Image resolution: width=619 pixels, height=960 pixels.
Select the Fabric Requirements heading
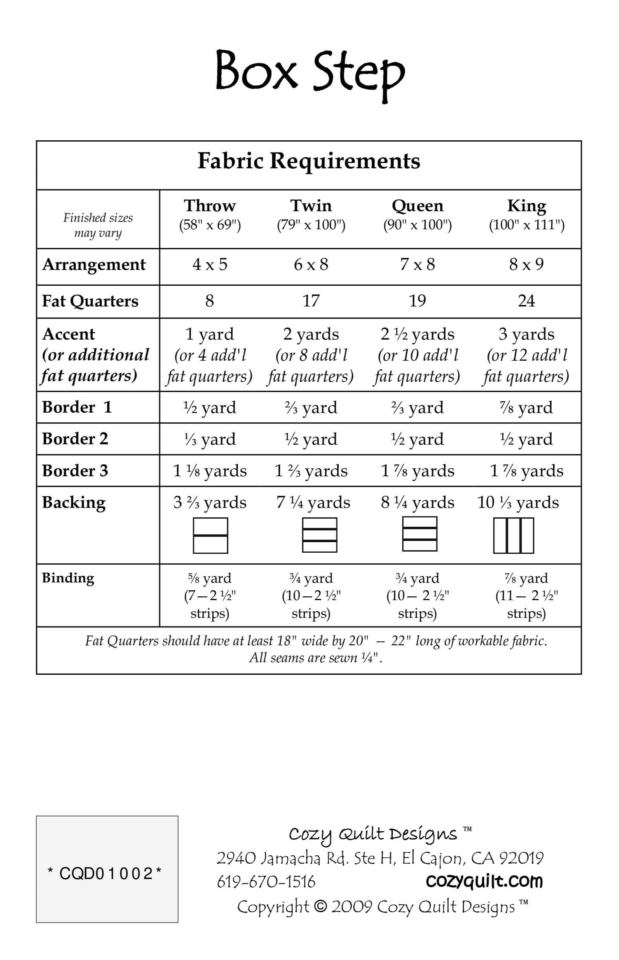[309, 161]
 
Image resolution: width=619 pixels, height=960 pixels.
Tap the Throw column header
[210, 206]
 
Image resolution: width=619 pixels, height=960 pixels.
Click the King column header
[526, 206]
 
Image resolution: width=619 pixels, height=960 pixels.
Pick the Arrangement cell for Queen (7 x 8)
[417, 264]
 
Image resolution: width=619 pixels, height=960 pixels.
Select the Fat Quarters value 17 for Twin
[311, 300]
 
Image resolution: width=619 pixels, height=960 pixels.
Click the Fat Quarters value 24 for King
[526, 300]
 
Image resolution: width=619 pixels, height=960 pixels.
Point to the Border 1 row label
[77, 407]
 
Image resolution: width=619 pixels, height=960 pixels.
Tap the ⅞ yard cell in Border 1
[526, 408]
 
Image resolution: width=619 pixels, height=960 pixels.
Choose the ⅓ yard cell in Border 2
[210, 439]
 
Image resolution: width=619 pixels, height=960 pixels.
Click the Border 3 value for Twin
[311, 471]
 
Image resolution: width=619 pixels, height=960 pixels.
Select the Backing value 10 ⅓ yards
[518, 503]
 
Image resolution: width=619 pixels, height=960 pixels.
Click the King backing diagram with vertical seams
[514, 535]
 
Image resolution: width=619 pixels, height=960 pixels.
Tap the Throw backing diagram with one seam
[210, 535]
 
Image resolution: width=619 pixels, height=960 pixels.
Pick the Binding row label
[68, 578]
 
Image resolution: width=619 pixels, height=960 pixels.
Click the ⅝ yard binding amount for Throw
[210, 578]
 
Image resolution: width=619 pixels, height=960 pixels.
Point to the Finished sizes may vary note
[98, 225]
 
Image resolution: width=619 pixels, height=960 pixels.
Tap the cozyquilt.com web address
[484, 881]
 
